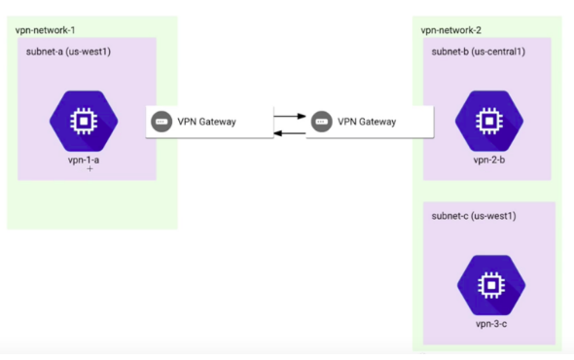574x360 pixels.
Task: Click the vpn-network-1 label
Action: click(x=47, y=29)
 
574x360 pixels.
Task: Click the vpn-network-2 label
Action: click(x=452, y=29)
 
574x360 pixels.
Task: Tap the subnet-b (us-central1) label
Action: click(x=479, y=51)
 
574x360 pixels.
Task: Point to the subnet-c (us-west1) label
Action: click(x=472, y=215)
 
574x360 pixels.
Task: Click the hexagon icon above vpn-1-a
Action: click(x=84, y=121)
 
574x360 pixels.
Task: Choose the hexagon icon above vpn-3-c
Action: click(x=491, y=283)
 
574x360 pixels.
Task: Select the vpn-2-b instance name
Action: click(x=489, y=160)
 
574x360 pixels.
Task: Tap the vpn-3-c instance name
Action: click(x=490, y=322)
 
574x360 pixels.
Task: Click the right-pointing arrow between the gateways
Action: click(x=285, y=116)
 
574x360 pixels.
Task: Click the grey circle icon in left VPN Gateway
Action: click(x=161, y=123)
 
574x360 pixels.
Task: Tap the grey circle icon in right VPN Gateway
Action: click(x=322, y=123)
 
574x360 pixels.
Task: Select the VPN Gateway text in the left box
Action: click(x=207, y=123)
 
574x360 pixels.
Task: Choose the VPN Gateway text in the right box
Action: click(x=367, y=123)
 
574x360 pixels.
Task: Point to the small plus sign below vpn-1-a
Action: click(x=90, y=169)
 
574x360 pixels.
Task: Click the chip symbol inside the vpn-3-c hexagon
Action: click(x=491, y=283)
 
